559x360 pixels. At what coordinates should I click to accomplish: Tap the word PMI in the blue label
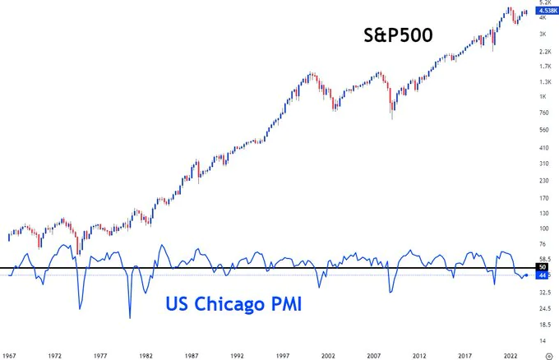(282, 305)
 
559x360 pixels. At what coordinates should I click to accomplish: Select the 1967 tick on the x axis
(10, 356)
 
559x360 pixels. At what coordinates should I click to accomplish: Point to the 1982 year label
(146, 356)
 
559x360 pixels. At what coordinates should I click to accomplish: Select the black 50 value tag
(543, 267)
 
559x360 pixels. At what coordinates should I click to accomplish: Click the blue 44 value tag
(543, 275)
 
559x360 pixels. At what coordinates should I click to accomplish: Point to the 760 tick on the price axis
(543, 113)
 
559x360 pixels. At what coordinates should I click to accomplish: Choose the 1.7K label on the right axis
(543, 66)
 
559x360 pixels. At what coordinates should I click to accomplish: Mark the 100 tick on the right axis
(543, 228)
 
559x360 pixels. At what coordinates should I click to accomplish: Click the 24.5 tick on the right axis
(543, 308)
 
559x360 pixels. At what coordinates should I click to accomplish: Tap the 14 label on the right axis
(543, 339)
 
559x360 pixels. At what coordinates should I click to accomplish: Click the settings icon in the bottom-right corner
(548, 356)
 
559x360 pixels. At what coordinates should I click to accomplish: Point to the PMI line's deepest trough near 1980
(130, 317)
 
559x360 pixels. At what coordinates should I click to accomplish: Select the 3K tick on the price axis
(543, 34)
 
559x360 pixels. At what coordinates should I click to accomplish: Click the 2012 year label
(418, 356)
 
